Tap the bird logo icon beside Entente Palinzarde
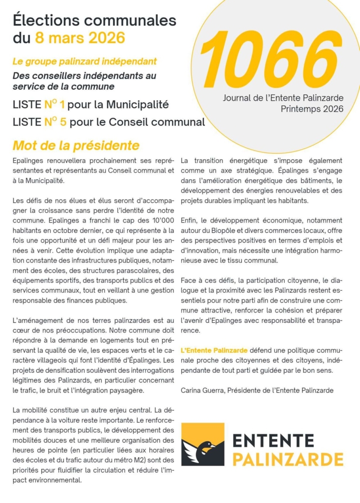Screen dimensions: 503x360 pyautogui.click(x=202, y=444)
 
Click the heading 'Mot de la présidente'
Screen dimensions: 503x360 pyautogui.click(x=76, y=146)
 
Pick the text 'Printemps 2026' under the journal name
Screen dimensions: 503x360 pyautogui.click(x=312, y=109)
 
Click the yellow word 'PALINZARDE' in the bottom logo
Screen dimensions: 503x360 pyautogui.click(x=287, y=459)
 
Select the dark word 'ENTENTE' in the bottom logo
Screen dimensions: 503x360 pyautogui.click(x=273, y=439)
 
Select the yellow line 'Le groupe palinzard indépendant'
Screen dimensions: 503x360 pyautogui.click(x=85, y=62)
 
